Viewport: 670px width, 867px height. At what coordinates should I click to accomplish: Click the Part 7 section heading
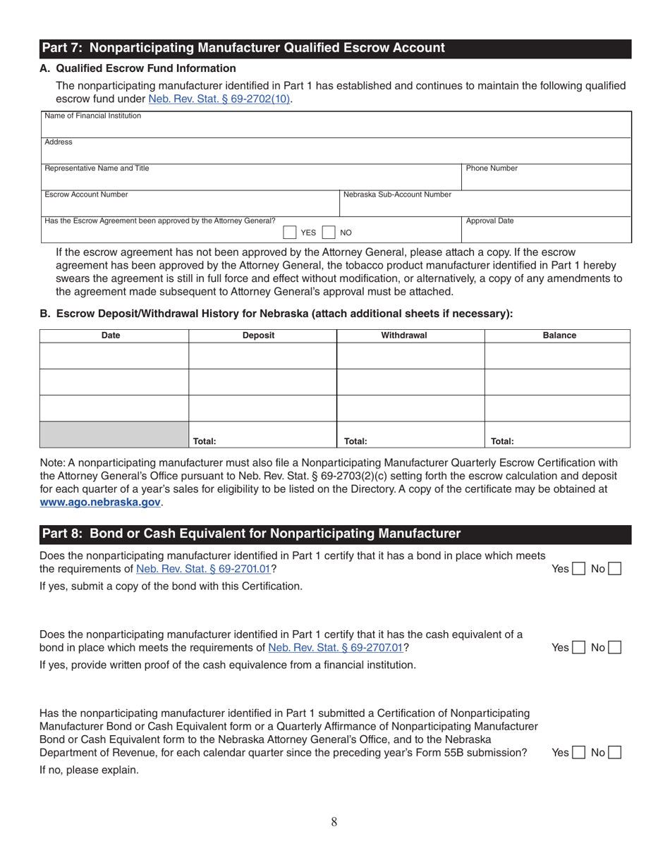pyautogui.click(x=243, y=48)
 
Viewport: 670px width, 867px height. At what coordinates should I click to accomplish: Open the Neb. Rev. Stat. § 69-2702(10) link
pyautogui.click(x=219, y=99)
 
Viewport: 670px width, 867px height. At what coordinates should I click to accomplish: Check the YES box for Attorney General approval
pyautogui.click(x=290, y=233)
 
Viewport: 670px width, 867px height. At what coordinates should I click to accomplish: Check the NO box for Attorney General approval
pyautogui.click(x=328, y=233)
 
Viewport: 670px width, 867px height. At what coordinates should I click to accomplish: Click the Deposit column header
pyautogui.click(x=258, y=336)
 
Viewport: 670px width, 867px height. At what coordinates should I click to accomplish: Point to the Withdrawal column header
pyautogui.click(x=404, y=336)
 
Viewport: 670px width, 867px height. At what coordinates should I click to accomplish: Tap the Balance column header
pyautogui.click(x=559, y=336)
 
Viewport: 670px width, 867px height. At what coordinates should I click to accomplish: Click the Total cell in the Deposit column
pyautogui.click(x=262, y=435)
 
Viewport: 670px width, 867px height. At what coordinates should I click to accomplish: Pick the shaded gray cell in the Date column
pyautogui.click(x=114, y=435)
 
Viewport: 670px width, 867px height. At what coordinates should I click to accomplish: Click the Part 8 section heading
pyautogui.click(x=250, y=534)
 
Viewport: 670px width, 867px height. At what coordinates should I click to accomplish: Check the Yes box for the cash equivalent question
pyautogui.click(x=578, y=647)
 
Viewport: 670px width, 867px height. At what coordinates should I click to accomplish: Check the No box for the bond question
pyautogui.click(x=614, y=568)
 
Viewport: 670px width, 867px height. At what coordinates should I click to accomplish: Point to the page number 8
pyautogui.click(x=334, y=821)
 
